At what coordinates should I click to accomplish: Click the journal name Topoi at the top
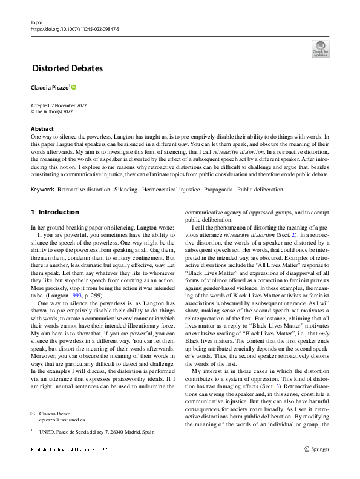[x=36, y=21]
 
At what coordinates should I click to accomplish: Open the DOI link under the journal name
[x=74, y=28]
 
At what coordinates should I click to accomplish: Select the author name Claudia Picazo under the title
[x=50, y=88]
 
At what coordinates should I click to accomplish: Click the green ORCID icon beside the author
[x=74, y=88]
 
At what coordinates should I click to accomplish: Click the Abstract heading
[x=42, y=129]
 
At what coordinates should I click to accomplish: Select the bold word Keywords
[x=42, y=190]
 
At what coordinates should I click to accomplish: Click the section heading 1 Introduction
[x=54, y=212]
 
